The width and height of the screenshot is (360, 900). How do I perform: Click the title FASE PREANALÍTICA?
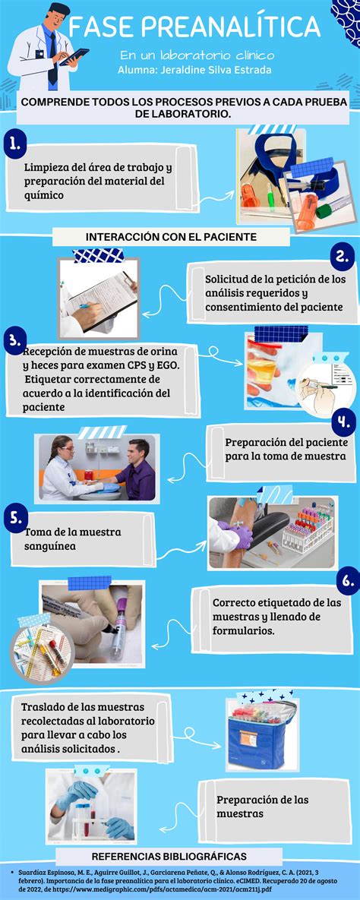pyautogui.click(x=194, y=29)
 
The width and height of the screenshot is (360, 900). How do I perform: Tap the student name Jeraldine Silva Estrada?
pyautogui.click(x=195, y=70)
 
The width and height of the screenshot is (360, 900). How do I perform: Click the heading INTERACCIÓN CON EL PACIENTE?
pyautogui.click(x=171, y=236)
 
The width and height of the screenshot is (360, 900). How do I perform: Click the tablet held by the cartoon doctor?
pyautogui.click(x=73, y=55)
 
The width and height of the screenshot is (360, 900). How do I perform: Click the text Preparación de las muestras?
pyautogui.click(x=262, y=807)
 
